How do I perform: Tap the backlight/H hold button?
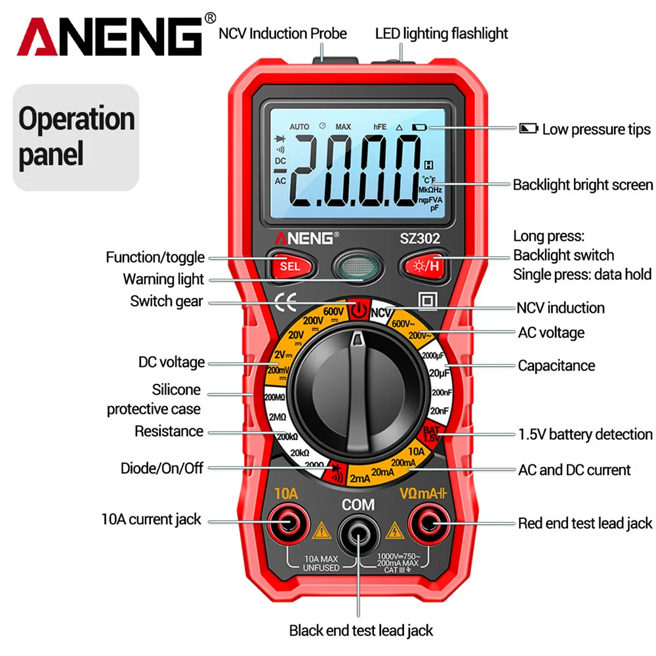(x=424, y=266)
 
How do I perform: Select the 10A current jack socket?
(x=287, y=522)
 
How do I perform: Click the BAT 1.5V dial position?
(x=430, y=434)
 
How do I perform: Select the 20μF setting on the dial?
(x=438, y=373)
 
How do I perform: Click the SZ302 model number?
(x=420, y=239)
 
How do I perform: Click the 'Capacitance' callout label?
(x=556, y=365)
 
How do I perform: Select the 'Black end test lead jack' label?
(x=361, y=630)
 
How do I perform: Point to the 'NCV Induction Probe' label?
(x=283, y=33)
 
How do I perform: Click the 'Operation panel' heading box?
(x=77, y=138)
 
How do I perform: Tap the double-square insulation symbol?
(x=428, y=301)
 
